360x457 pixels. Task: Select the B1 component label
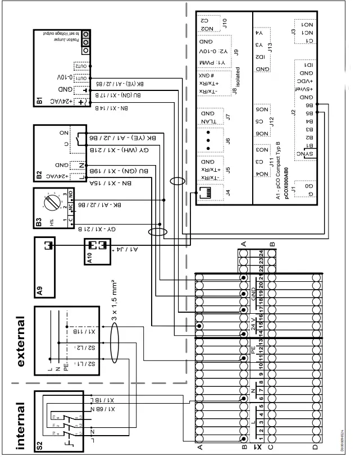tap(39, 102)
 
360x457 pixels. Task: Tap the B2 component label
tap(39, 176)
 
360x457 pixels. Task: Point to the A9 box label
tap(39, 290)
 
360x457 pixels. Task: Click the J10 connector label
tap(225, 23)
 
